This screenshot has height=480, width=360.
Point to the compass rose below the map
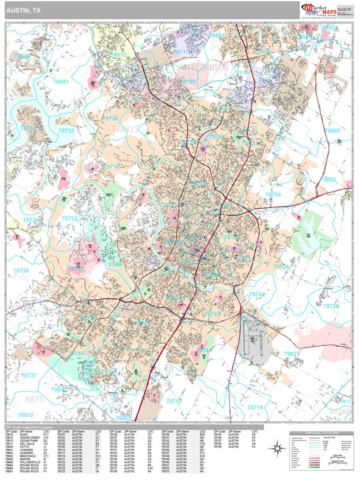[277, 452]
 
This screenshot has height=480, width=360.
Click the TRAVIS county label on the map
[127, 128]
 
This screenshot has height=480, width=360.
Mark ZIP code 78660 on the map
[331, 131]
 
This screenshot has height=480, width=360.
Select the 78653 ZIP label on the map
[329, 179]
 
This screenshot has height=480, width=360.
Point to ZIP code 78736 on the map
[20, 271]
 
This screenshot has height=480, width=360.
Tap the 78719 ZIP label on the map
[256, 406]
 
